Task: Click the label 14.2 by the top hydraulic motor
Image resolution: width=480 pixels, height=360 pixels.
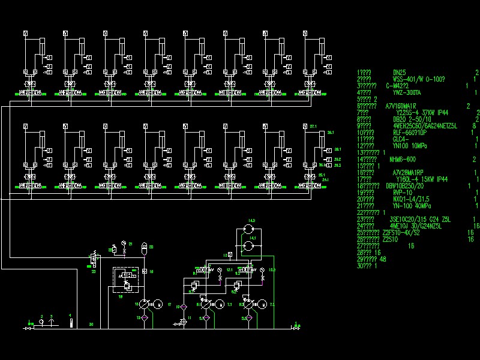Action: point(252,221)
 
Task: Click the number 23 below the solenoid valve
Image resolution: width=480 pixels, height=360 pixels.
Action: point(94,272)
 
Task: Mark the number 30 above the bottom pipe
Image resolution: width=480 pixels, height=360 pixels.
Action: point(91,324)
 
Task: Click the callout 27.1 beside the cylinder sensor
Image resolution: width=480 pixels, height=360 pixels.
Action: point(313,127)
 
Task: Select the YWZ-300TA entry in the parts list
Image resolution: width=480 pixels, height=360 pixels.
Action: point(406,92)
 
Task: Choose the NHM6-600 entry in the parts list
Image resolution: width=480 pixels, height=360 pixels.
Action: point(403,159)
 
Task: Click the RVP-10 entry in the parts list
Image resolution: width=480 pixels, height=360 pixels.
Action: point(402,192)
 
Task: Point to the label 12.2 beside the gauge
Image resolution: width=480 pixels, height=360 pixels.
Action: point(271,270)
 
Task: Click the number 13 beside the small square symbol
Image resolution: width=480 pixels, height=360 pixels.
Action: point(224,256)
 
